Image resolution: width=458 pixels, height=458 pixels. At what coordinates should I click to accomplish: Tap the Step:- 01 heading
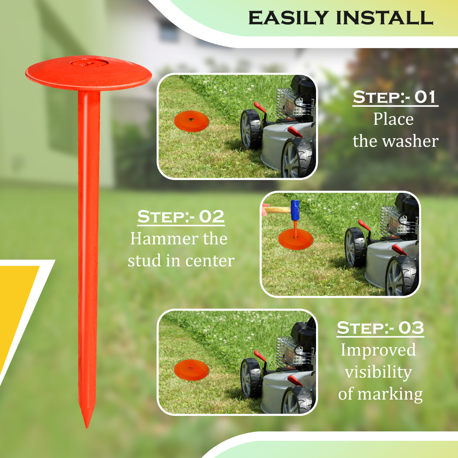coord(395,98)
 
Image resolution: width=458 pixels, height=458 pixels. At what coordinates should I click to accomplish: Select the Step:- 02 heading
coord(181,217)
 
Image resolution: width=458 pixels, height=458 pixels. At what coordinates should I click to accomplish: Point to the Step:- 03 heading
coord(380,328)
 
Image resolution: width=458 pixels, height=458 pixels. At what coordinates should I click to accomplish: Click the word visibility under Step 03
coord(378,371)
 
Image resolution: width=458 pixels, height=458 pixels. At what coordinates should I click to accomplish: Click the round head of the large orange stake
coord(88,73)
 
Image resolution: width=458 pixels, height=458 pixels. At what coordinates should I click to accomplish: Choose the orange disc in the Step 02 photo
coord(295,239)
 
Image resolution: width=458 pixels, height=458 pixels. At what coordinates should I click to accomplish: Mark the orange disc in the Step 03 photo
coord(191,369)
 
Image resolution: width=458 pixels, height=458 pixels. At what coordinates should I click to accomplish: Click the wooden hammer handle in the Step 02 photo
coord(278,210)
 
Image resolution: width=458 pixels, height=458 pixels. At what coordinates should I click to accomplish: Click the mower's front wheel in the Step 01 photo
coord(251,129)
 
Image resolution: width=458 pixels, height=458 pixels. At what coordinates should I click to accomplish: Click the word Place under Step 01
coord(393,119)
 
